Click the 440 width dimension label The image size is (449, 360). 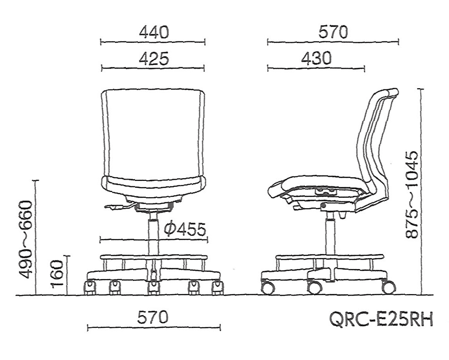(154, 32)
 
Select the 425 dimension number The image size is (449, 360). (154, 59)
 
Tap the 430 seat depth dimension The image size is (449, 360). (316, 59)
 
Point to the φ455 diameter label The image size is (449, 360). (185, 229)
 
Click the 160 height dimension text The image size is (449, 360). (56, 274)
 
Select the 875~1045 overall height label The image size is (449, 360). (412, 195)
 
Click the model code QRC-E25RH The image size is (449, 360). (381, 320)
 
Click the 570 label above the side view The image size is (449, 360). (333, 32)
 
